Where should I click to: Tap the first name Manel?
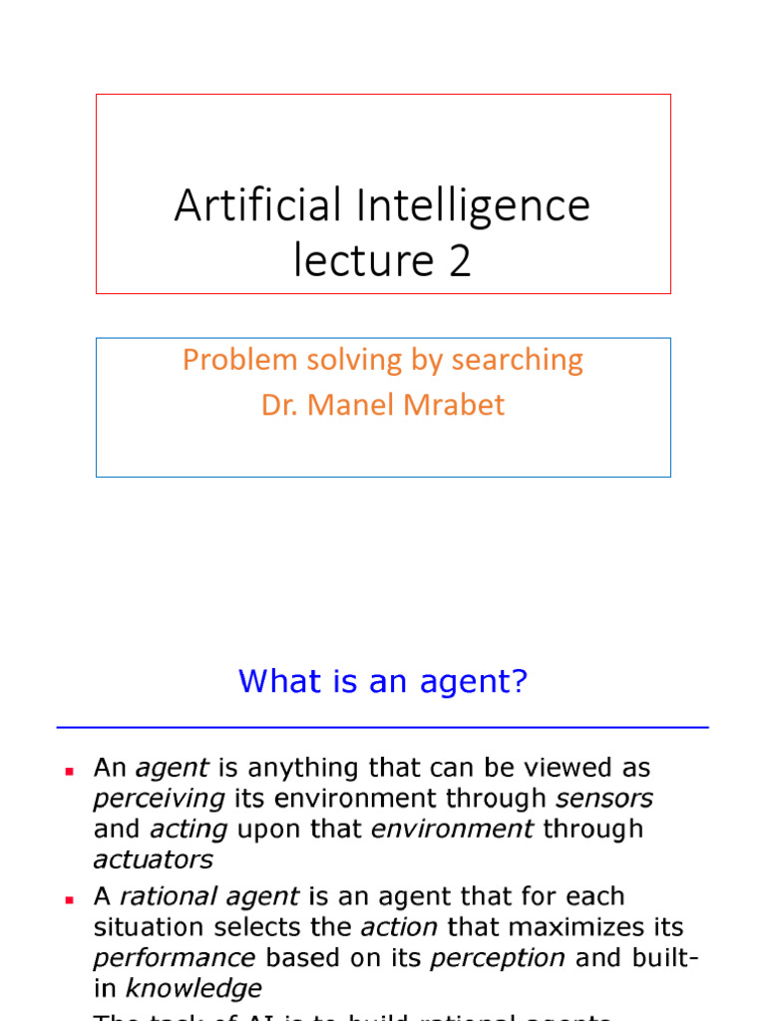[x=352, y=405]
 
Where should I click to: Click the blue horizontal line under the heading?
[x=383, y=728]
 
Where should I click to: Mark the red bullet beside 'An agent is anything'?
[x=70, y=772]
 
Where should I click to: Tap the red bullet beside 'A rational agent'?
[x=70, y=899]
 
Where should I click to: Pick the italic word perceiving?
[x=160, y=800]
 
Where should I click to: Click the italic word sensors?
[x=604, y=799]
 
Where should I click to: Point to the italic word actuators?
[x=153, y=859]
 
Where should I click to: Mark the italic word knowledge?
[x=193, y=988]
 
